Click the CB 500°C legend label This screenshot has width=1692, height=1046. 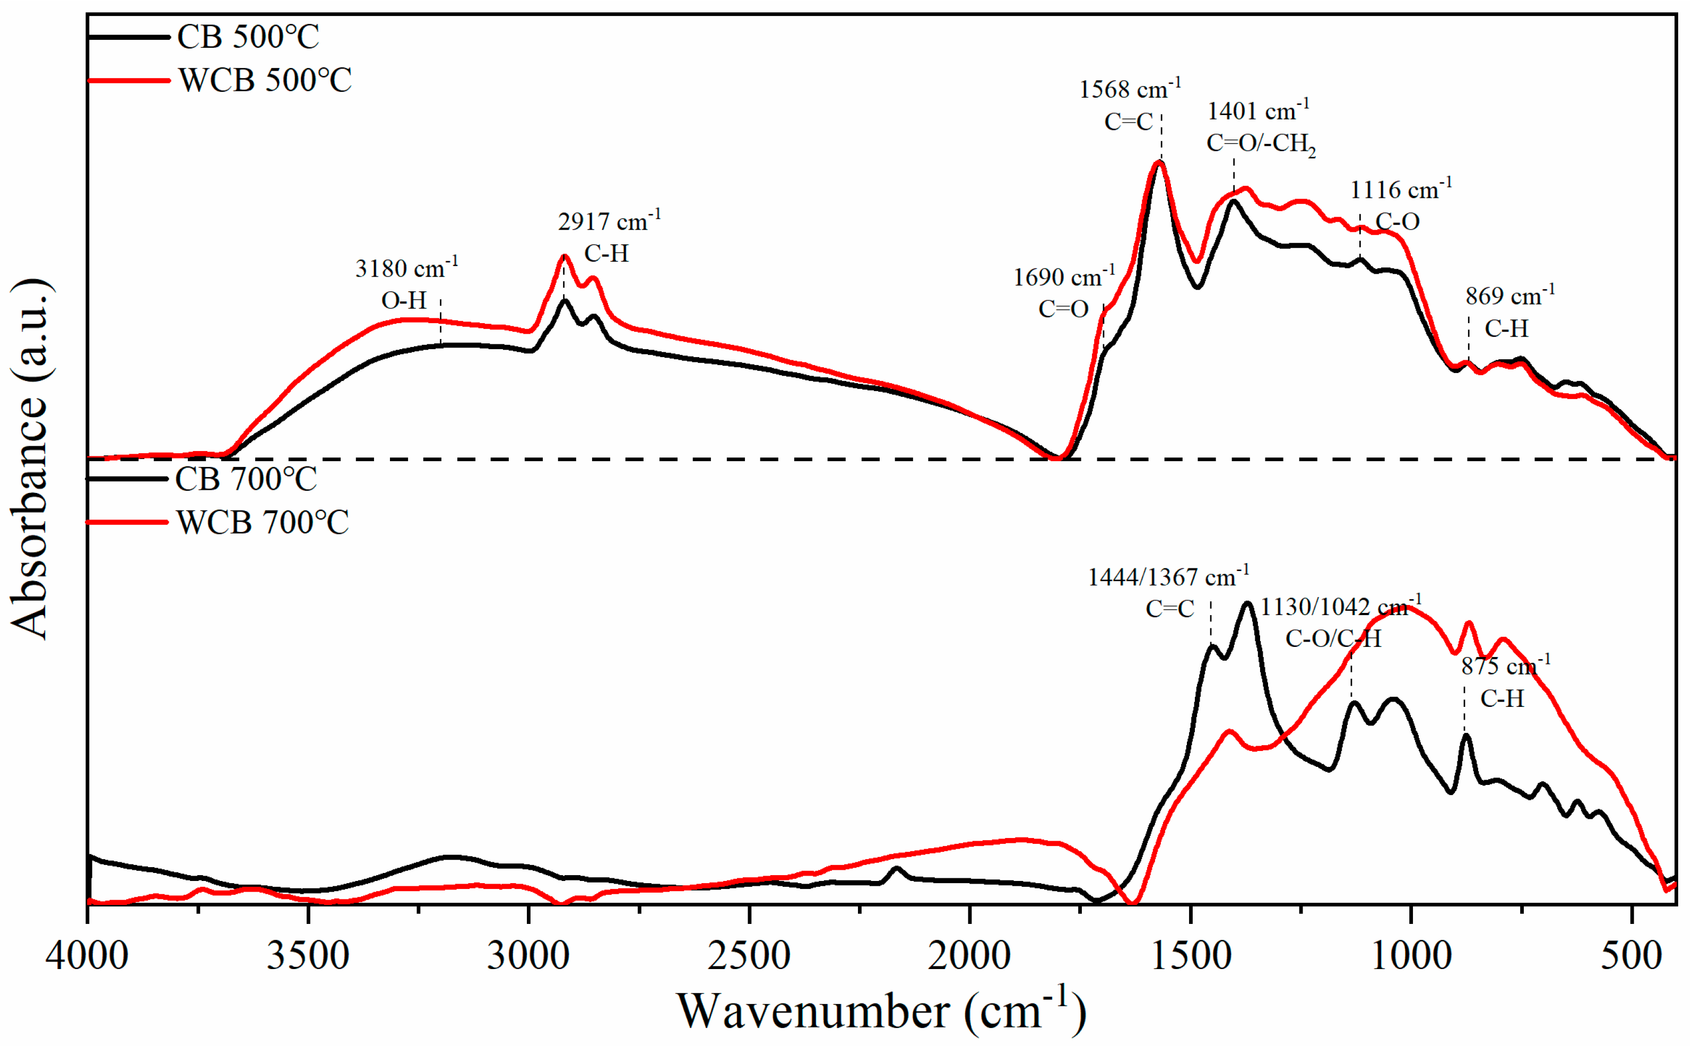[248, 37]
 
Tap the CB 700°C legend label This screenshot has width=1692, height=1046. [246, 479]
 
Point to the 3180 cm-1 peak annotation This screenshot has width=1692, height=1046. [406, 267]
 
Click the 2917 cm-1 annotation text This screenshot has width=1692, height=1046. [609, 221]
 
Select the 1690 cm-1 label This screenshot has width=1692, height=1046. [1063, 278]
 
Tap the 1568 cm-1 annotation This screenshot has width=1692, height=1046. [1129, 89]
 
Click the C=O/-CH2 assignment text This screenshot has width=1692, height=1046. [1261, 143]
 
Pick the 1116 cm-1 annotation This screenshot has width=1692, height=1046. [1400, 189]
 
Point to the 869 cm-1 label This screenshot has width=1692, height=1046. [1509, 296]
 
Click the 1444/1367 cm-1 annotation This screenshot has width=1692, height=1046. [1168, 576]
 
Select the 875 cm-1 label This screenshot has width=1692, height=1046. [1505, 666]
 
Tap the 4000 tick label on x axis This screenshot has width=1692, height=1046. [87, 956]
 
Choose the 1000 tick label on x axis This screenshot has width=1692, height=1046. [1411, 956]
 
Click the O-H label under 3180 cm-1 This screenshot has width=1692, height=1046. [404, 300]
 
